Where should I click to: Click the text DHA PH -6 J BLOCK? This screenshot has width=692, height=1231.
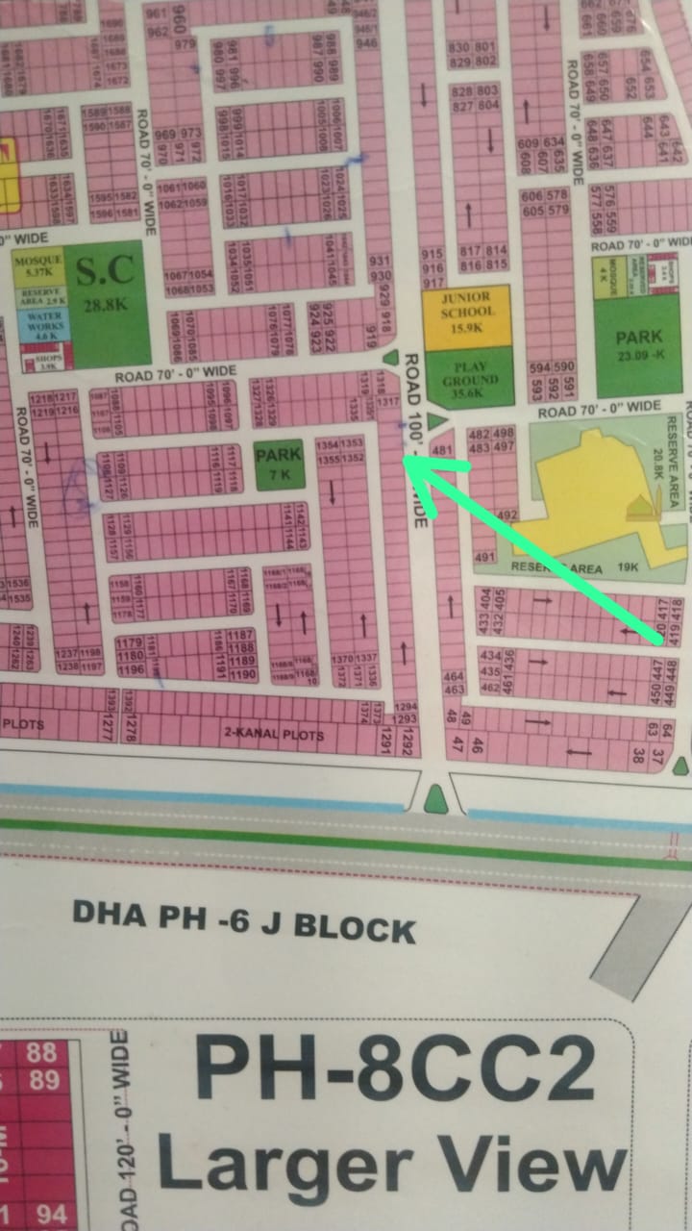pos(244,921)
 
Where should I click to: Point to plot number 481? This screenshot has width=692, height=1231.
pos(443,450)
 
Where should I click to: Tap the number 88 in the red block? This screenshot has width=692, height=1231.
pos(42,1050)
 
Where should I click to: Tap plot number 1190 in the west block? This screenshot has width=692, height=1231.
pos(243,675)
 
